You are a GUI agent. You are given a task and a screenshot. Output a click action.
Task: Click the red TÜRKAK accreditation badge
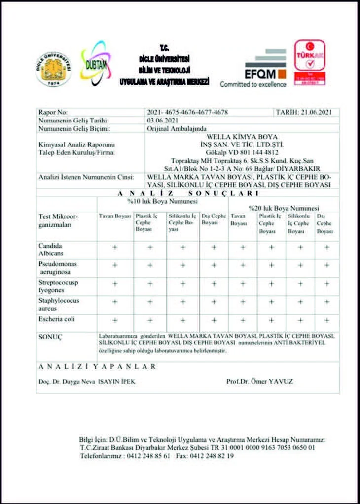click(309, 61)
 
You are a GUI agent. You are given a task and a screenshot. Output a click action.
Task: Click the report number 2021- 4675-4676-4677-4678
click(187, 112)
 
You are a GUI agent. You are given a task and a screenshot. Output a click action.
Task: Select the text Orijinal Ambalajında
click(171, 128)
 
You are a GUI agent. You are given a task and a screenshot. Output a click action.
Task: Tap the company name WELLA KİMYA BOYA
click(242, 137)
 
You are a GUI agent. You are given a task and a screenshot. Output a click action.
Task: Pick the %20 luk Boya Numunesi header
click(284, 208)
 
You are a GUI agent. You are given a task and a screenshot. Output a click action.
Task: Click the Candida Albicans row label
click(51, 249)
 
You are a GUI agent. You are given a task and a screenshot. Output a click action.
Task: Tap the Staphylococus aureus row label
click(59, 304)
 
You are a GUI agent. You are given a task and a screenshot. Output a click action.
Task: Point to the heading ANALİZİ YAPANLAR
click(97, 367)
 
